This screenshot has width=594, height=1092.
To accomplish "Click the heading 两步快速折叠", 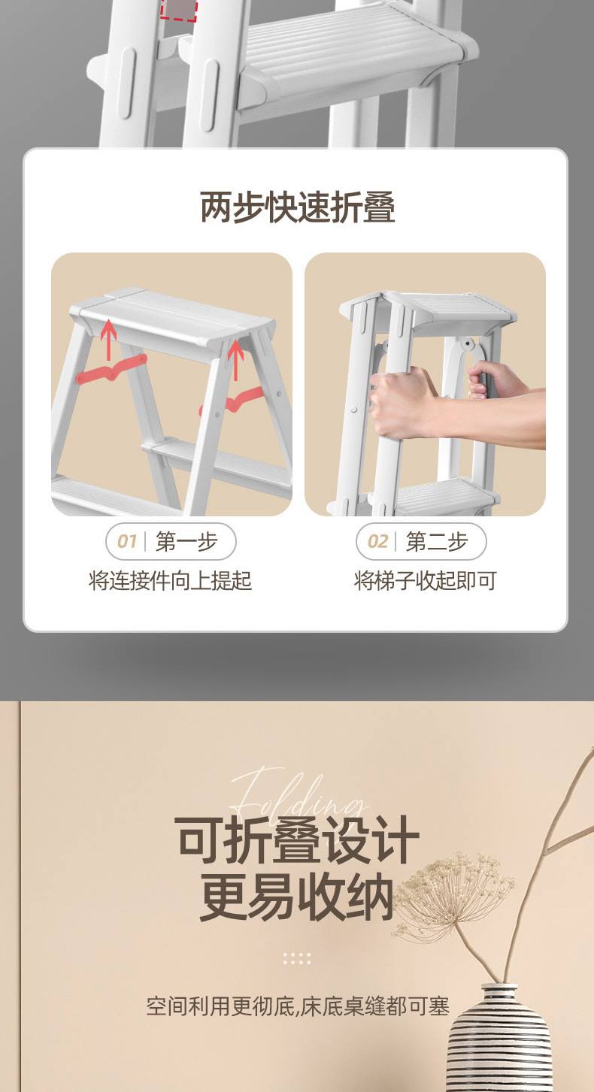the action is (297, 207).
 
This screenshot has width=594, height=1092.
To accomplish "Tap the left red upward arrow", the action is (108, 339).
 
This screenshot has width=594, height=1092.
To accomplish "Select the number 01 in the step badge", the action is (127, 541).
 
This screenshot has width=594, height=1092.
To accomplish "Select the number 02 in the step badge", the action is (377, 541).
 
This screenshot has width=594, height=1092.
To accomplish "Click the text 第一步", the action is (186, 541).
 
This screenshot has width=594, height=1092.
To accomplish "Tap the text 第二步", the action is (437, 541).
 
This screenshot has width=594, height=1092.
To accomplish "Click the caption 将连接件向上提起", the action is (170, 581).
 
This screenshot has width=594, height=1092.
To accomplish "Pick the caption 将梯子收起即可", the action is (426, 581).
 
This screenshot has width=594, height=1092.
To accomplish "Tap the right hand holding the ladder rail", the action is (495, 380).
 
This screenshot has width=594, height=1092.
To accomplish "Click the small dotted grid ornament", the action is (297, 958).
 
